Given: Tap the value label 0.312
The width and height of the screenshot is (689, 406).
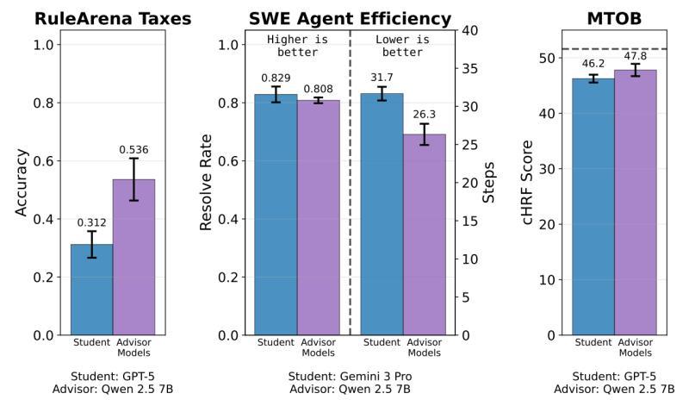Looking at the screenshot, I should pos(92,223).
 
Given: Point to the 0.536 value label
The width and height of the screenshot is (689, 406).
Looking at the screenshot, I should pos(133,150).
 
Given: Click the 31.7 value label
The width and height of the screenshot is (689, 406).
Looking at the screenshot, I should pos(382,78).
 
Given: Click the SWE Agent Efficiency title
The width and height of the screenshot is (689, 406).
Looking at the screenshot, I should pos(350,18).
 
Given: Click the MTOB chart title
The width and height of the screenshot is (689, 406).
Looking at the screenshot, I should pos(614,18).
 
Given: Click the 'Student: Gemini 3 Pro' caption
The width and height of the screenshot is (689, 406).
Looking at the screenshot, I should pos(350,376).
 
